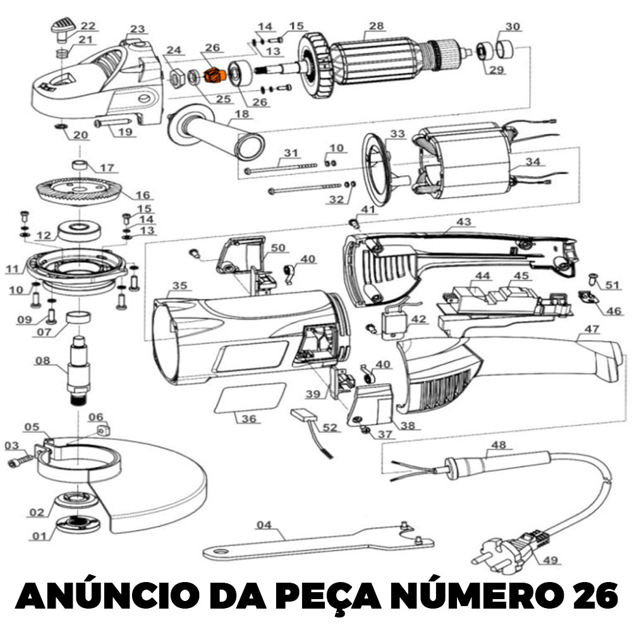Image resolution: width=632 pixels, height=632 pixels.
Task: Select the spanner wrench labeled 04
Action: (x=319, y=542)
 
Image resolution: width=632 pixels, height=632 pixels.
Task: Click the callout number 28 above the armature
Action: (x=376, y=26)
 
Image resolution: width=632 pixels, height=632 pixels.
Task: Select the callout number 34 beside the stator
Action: (x=532, y=162)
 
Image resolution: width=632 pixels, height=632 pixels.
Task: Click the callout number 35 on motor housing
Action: (x=179, y=286)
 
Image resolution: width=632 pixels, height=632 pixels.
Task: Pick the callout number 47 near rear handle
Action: (x=592, y=329)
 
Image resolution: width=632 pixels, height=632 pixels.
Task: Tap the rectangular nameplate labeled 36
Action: (x=250, y=398)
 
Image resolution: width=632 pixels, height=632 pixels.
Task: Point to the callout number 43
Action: (x=463, y=222)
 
